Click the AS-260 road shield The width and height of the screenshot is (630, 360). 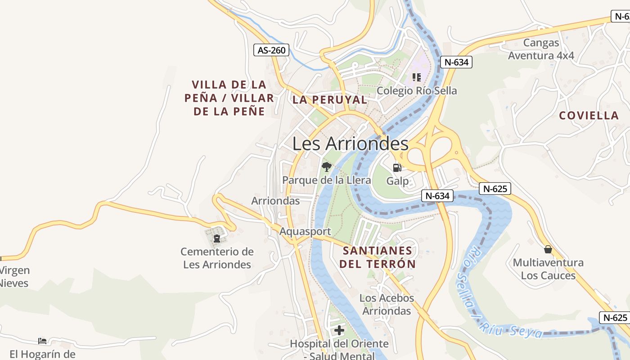pos(271,50)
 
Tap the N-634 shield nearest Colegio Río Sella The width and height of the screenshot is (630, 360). pos(456,62)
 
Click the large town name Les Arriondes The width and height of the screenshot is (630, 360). pos(350,144)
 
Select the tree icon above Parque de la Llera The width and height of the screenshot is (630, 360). pos(326,167)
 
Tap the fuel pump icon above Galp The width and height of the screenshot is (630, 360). pos(397,168)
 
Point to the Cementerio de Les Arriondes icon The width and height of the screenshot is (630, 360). pos(217,238)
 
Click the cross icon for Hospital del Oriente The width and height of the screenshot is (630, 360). pos(339,331)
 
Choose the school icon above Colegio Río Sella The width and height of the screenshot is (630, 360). pos(417,77)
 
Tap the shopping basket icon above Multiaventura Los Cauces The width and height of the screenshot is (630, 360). pos(548,249)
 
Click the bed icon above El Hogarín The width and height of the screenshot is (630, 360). pos(42,341)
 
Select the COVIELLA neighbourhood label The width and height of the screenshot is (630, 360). pos(589,116)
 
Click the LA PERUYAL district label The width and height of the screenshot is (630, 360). pos(330,100)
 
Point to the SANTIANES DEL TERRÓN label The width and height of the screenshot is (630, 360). pos(377,257)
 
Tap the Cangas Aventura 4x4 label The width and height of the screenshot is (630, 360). pos(541,49)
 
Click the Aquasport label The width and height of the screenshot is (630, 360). pos(305,231)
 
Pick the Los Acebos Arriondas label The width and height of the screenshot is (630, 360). pos(387,304)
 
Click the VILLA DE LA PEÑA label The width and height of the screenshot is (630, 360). pos(229,98)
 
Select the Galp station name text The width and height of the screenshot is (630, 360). pos(397,181)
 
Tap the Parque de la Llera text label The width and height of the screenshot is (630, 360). pos(326,180)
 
